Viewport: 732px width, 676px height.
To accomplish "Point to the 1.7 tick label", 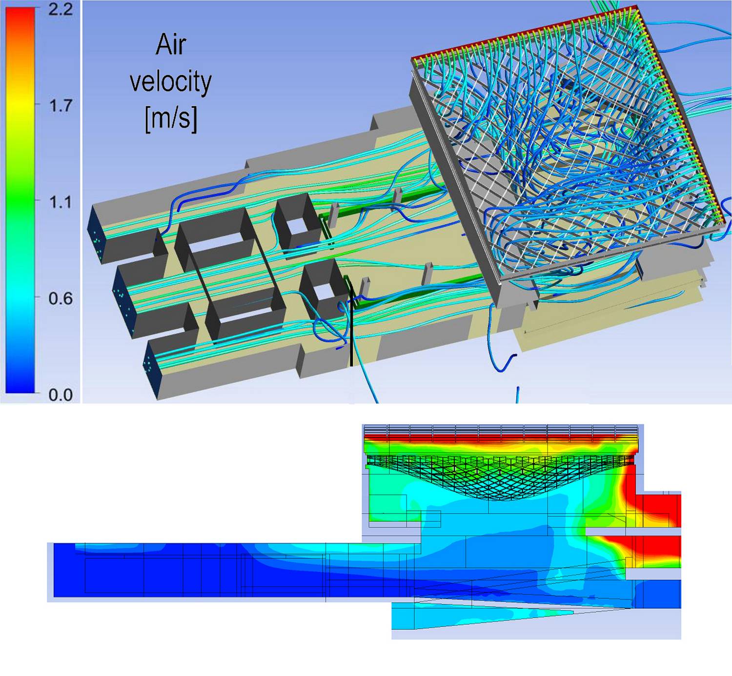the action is pos(61,106).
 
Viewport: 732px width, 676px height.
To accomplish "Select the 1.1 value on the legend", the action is pos(61,202).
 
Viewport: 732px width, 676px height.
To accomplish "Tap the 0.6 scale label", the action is pos(61,298).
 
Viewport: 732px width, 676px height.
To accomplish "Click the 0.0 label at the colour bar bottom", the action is pos(61,395).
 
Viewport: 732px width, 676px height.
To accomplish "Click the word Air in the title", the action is pos(171,44).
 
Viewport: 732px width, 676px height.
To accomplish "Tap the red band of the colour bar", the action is pos(20,26).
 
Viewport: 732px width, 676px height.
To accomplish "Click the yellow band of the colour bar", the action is pos(20,105).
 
